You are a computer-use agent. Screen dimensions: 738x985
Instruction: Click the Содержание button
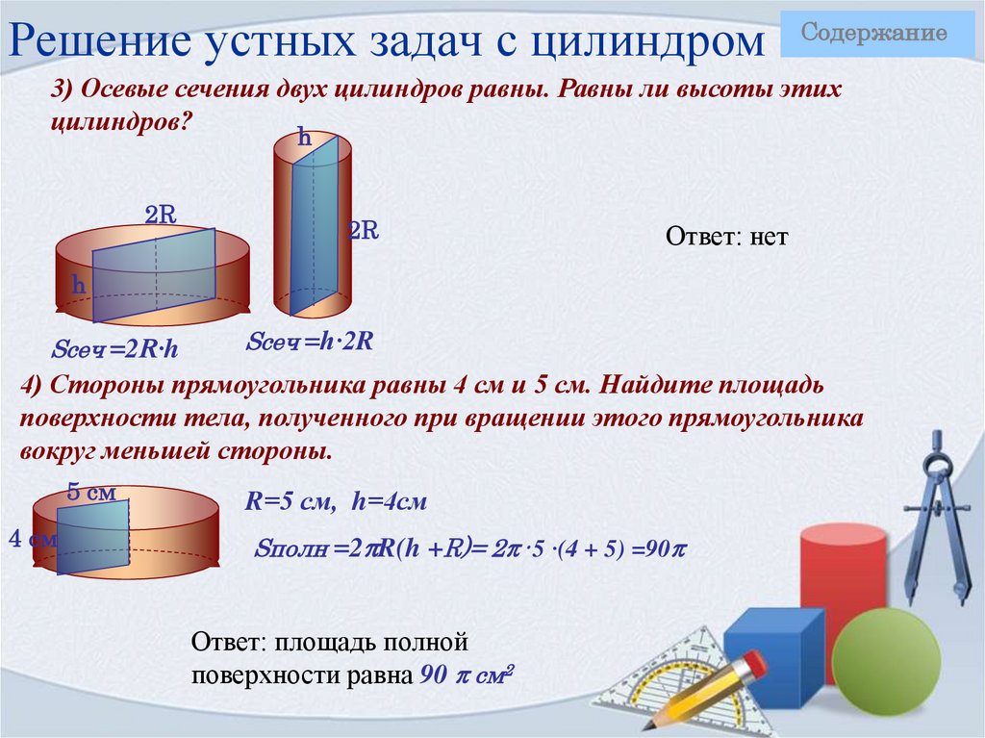click(x=874, y=34)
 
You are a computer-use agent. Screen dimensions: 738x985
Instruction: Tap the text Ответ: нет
click(x=726, y=237)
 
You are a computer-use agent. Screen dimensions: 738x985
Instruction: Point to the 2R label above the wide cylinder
click(x=160, y=215)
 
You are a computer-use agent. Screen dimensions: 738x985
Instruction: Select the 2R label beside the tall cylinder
click(x=363, y=231)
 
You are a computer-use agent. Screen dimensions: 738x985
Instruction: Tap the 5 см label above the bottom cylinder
click(x=91, y=493)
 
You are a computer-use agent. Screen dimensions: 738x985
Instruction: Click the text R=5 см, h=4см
click(x=336, y=501)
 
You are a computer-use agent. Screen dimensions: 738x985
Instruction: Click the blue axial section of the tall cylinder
click(x=315, y=227)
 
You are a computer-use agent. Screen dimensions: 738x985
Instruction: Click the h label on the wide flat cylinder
click(x=79, y=286)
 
